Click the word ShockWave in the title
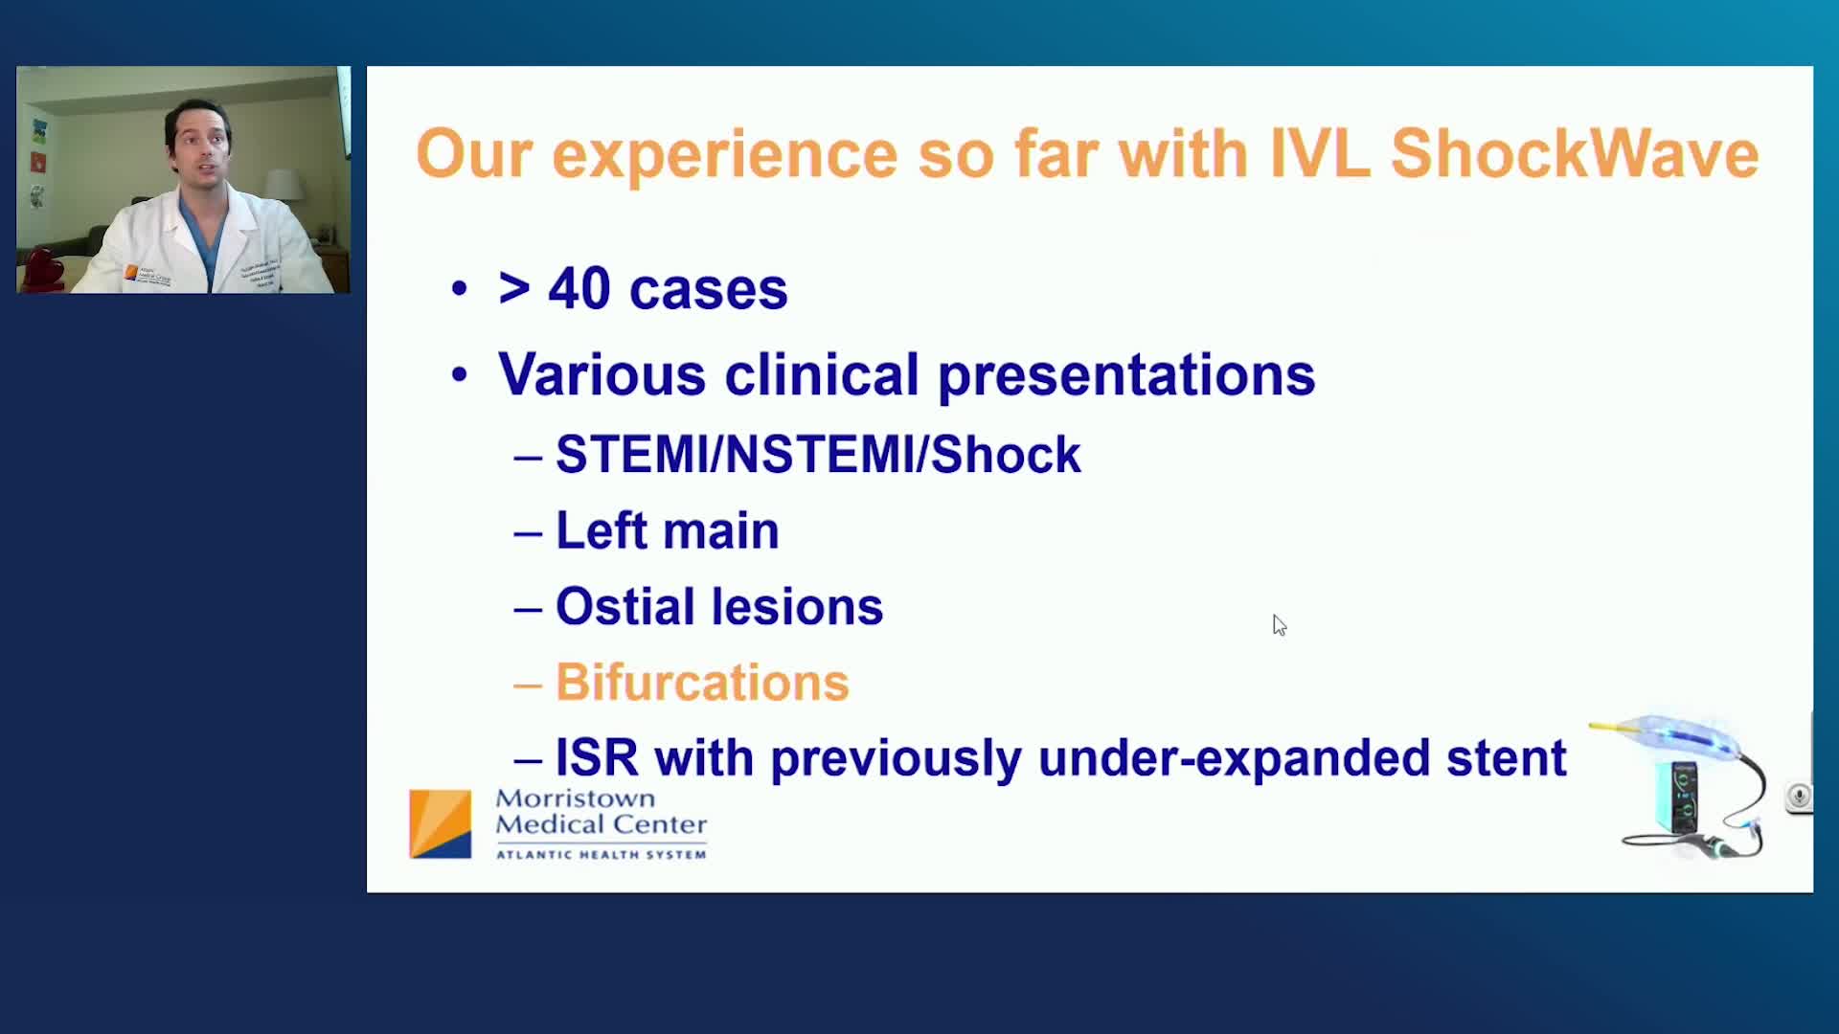pos(1575,153)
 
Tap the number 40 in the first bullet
pos(579,288)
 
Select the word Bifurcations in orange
pos(702,683)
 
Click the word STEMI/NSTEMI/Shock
pos(818,454)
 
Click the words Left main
pos(668,530)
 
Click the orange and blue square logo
pos(441,823)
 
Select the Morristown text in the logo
pos(576,798)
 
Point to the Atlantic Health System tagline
pos(601,854)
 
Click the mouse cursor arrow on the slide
pos(1280,625)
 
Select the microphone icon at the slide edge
pos(1800,797)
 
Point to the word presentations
pos(1126,375)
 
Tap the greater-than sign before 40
pos(514,289)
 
